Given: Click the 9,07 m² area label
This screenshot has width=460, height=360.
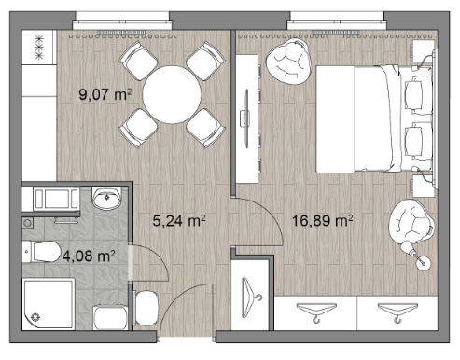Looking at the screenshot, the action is pos(105,94).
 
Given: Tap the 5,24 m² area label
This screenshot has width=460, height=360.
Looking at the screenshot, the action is pos(179,220).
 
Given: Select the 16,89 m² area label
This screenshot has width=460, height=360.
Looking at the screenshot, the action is pos(322,220).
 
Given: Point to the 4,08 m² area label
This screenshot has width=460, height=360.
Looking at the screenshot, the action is pos(89,256).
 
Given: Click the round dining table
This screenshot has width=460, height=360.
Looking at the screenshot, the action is pos(172,94).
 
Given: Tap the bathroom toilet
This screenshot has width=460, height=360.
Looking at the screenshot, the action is pos(41,252).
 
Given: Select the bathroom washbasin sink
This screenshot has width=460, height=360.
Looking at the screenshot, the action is pos(106,199).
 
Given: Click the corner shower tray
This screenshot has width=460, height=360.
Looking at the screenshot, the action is pos(49,304).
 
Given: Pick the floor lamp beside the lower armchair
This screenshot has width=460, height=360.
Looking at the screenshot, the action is pos(417,256).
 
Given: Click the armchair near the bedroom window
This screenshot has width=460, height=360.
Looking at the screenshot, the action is pos(288,62).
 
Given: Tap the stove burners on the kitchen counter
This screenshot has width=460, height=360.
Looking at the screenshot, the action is pos(39,48).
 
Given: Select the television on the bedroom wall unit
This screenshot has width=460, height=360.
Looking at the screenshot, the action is pos(245,118).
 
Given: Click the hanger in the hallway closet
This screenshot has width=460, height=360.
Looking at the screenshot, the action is pos(251,298).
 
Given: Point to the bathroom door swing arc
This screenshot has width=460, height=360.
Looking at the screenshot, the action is pos(160,254).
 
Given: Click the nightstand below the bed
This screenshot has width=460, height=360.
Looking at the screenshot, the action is pos(423,186).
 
